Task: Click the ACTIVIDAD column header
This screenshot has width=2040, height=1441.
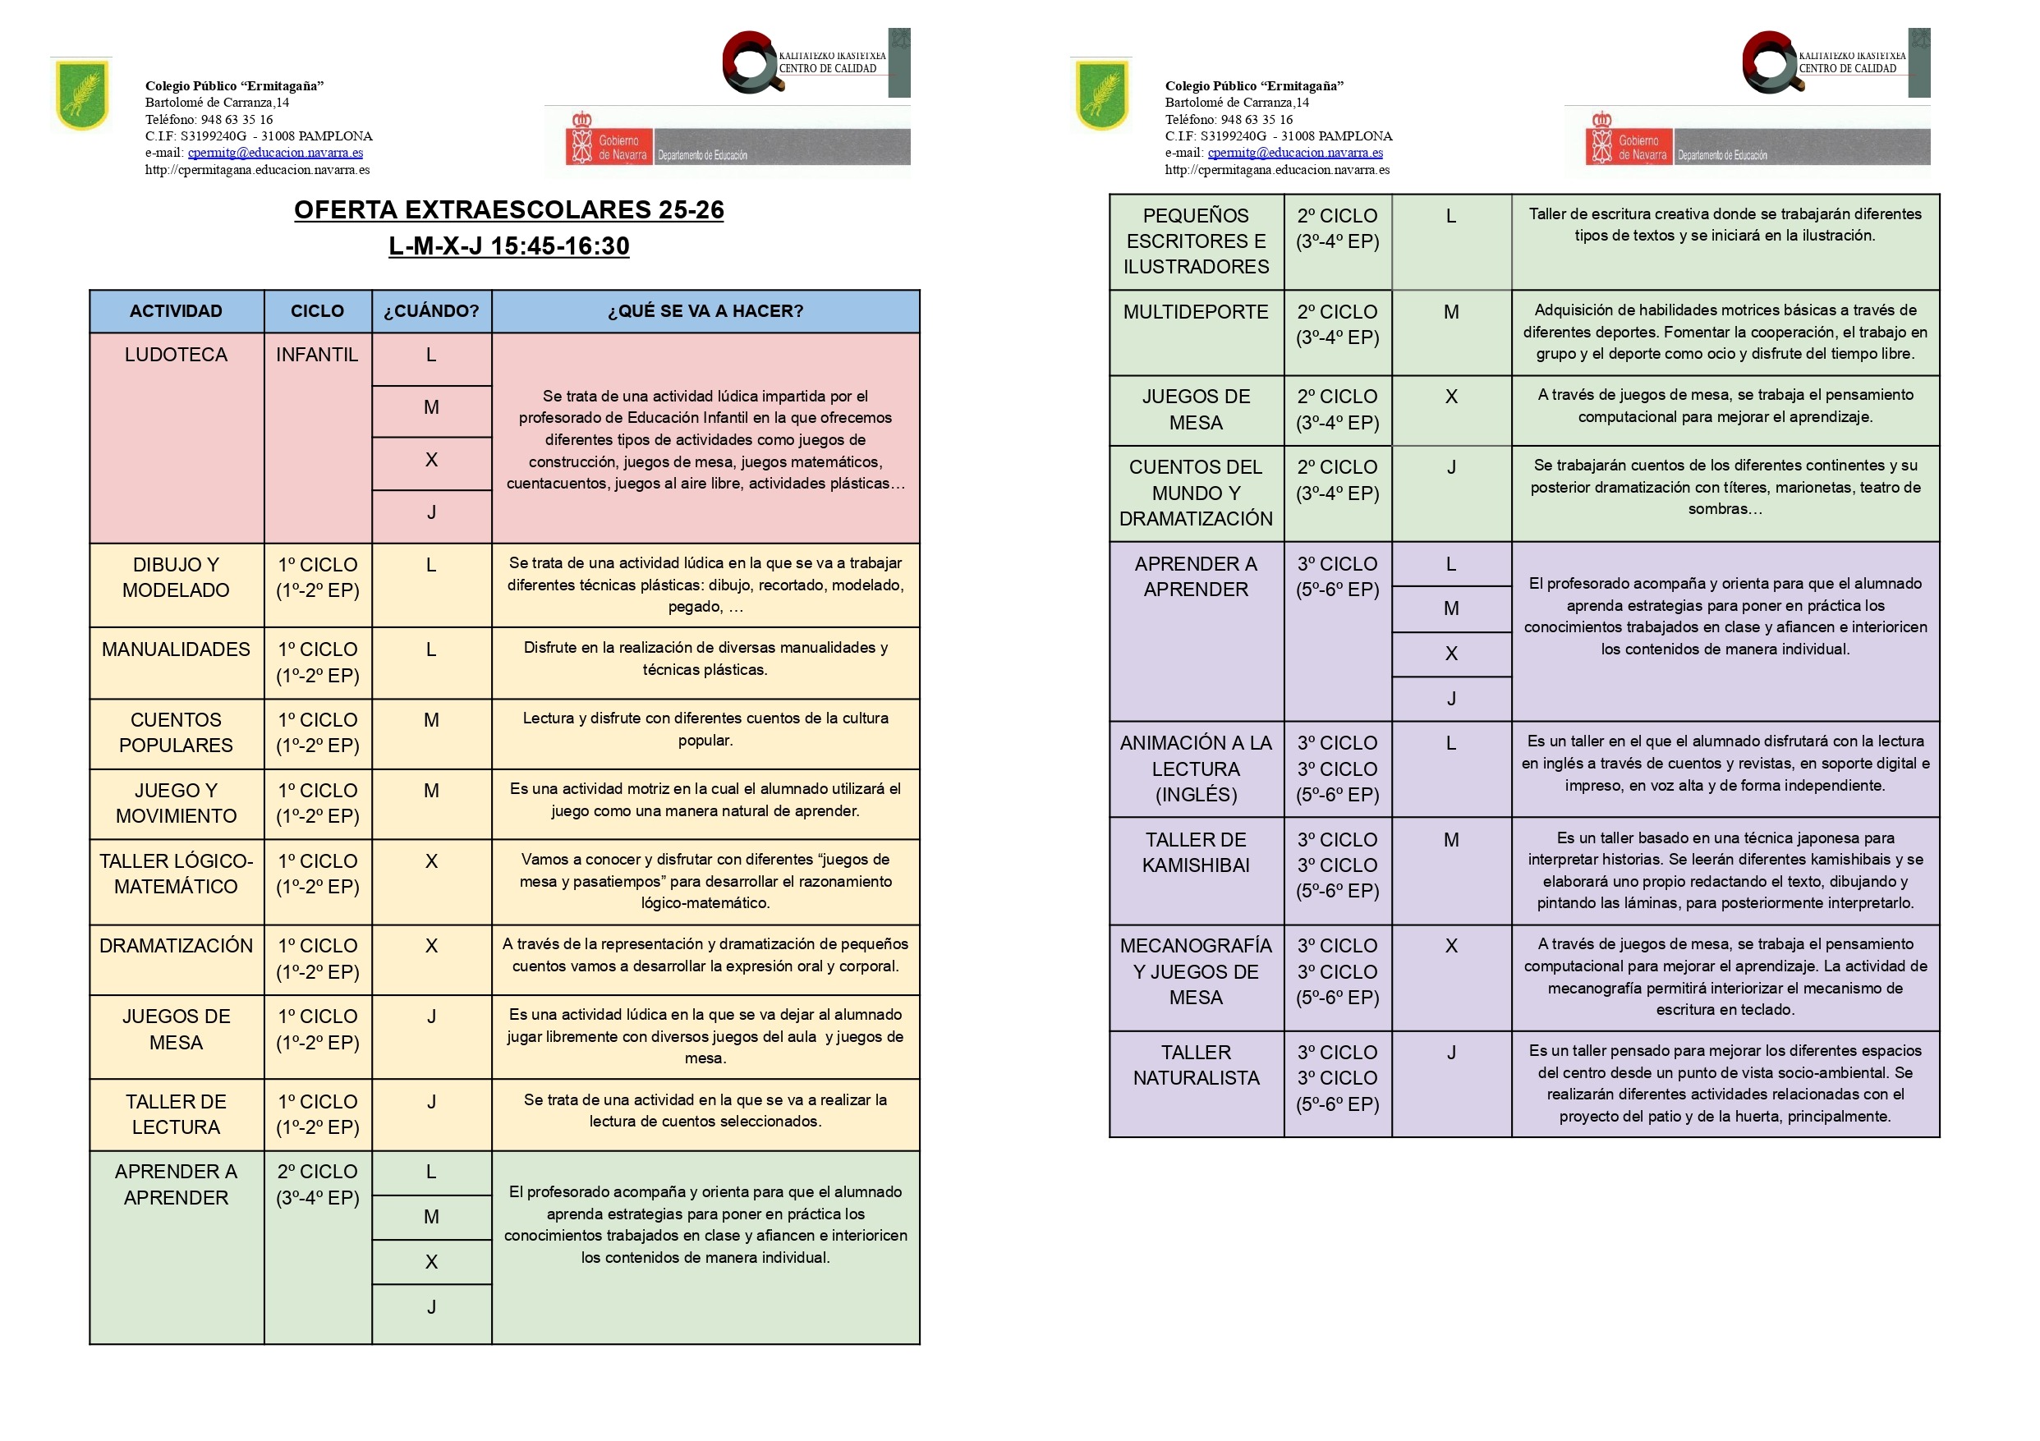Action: [176, 311]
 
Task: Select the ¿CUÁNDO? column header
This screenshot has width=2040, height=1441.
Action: [431, 311]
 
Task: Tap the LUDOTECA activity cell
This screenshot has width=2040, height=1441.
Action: [176, 355]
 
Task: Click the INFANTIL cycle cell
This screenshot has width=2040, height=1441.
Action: [317, 355]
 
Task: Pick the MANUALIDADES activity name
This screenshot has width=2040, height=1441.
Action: [176, 649]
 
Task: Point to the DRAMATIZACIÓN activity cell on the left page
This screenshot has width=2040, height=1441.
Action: [176, 945]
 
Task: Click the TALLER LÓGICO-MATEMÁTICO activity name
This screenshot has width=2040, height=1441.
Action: [176, 874]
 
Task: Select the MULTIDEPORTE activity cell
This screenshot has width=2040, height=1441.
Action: [1195, 312]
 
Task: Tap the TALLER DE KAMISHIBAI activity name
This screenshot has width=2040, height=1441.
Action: [1195, 852]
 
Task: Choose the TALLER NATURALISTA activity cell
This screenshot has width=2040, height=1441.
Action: [1195, 1064]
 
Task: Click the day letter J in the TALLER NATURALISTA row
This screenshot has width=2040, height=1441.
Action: [1451, 1053]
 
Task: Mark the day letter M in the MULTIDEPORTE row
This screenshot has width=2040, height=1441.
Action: [1451, 312]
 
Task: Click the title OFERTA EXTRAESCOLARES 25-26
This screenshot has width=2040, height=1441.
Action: [508, 209]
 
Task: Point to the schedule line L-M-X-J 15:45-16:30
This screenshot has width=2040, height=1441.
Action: [508, 246]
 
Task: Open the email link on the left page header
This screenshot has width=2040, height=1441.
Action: [275, 153]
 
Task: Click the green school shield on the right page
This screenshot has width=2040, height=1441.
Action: [1102, 94]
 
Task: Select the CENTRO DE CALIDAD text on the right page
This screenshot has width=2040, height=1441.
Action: [1847, 68]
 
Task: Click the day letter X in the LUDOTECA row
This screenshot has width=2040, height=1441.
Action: [431, 460]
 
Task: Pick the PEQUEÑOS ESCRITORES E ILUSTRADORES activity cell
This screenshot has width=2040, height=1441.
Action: [1195, 241]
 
